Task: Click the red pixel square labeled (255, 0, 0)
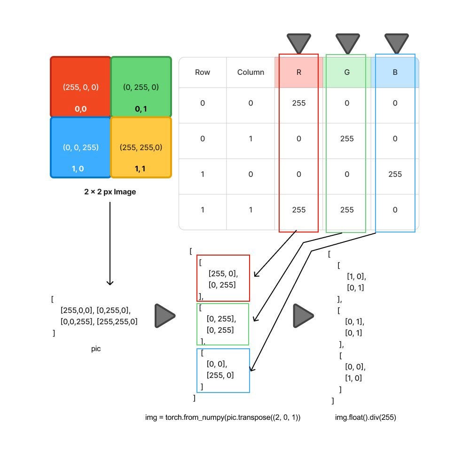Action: pos(80,87)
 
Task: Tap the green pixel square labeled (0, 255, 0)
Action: pos(141,87)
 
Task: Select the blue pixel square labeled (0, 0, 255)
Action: pos(80,147)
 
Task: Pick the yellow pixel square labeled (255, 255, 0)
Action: pos(141,147)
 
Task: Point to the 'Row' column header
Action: pos(203,72)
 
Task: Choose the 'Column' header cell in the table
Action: pos(251,72)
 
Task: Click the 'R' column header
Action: pos(298,72)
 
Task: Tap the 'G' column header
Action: pos(347,72)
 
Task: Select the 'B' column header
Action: pos(395,72)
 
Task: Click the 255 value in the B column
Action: pos(395,174)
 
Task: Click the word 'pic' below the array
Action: pos(96,349)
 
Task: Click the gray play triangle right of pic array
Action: pos(164,315)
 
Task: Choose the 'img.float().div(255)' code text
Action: pos(365,417)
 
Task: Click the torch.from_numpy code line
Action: pos(223,417)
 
